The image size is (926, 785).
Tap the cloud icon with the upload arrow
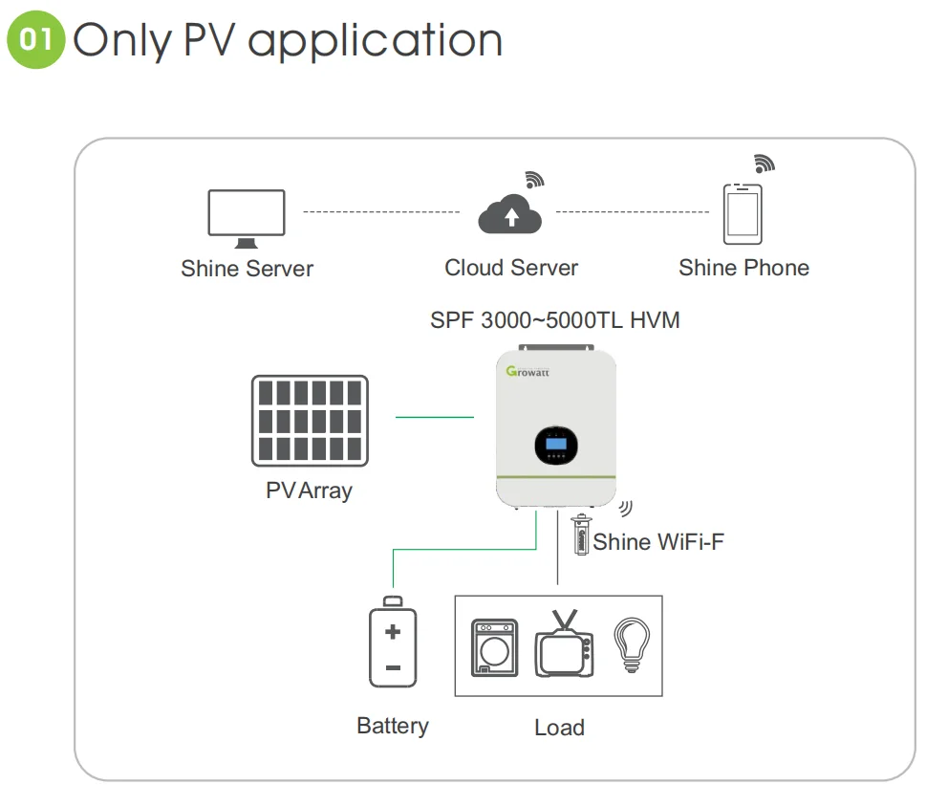click(x=510, y=215)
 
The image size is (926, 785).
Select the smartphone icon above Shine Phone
click(x=743, y=214)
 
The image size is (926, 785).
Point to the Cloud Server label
click(x=511, y=268)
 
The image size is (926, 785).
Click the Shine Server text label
click(x=247, y=269)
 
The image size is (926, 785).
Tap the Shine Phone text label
click(x=743, y=268)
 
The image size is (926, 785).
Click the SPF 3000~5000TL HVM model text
click(x=555, y=320)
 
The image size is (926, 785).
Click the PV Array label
click(x=309, y=491)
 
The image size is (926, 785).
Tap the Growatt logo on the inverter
click(x=528, y=371)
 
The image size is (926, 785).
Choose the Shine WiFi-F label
click(x=658, y=542)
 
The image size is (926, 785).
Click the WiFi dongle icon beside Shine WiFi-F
click(x=580, y=535)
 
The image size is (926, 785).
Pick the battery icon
click(x=393, y=643)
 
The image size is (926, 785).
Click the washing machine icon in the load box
click(x=495, y=647)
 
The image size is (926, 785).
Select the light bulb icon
click(x=631, y=644)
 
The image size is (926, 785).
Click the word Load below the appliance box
click(x=559, y=728)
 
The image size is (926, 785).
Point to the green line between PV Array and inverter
click(x=435, y=417)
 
